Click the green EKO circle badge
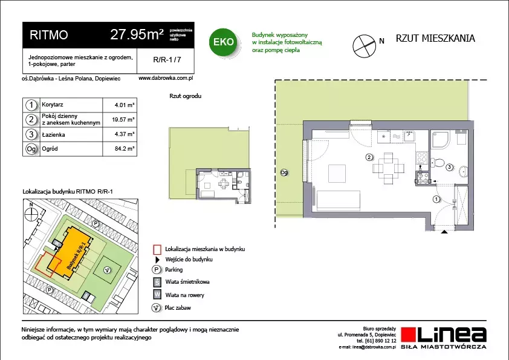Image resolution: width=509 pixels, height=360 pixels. (224, 42)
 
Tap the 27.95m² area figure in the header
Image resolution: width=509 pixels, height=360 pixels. (137, 34)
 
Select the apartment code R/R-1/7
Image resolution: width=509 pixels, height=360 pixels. (167, 60)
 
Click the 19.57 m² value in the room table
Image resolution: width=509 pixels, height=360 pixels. (123, 120)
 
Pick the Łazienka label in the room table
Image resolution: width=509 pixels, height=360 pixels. (53, 134)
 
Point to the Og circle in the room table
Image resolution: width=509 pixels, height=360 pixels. (31, 149)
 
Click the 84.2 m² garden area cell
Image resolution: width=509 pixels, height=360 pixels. (125, 149)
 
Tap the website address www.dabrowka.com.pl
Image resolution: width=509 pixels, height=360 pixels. (166, 78)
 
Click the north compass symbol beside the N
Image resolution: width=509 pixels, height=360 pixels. (365, 46)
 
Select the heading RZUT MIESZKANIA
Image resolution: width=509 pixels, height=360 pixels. (435, 38)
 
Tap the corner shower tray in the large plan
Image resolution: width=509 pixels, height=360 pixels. (441, 139)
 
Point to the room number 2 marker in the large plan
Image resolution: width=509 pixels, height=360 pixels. (369, 157)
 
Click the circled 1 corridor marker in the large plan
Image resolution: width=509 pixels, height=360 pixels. (436, 199)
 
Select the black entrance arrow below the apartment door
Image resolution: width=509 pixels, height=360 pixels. (444, 232)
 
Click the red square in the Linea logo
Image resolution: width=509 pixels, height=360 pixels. (409, 335)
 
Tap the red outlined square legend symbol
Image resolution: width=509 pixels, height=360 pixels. (157, 249)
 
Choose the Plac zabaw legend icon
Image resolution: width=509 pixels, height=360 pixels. (157, 307)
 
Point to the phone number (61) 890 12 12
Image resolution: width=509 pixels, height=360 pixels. (376, 341)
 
